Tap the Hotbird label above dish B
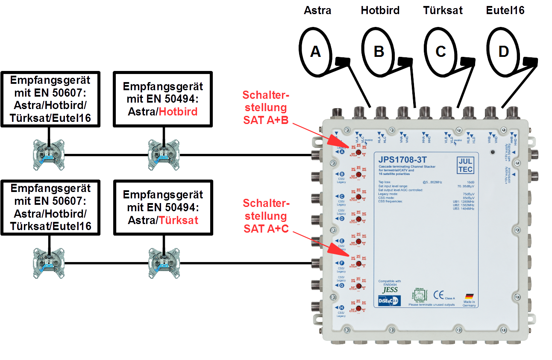[x=380, y=10]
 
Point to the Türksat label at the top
[x=443, y=10]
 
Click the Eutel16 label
[x=505, y=10]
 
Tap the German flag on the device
[x=469, y=296]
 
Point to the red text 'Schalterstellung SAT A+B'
[x=265, y=107]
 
